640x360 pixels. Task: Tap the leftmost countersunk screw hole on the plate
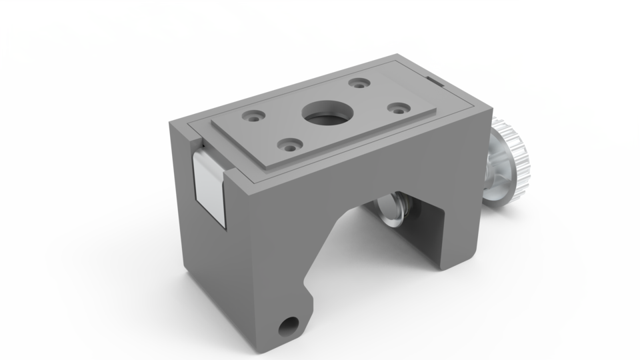pos(254,115)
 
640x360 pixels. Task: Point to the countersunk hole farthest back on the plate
pos(361,84)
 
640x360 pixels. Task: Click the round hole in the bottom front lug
pos(289,325)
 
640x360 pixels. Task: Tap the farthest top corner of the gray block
pos(399,54)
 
